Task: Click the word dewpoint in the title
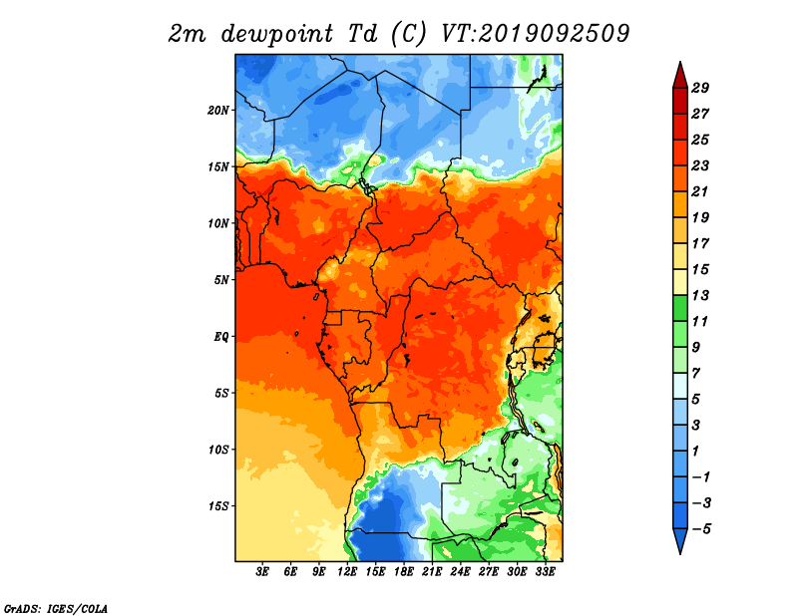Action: click(x=277, y=35)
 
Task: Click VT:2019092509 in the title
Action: click(x=535, y=34)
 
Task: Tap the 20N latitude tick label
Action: click(x=218, y=111)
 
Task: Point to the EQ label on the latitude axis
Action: click(x=221, y=337)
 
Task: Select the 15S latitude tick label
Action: click(x=218, y=506)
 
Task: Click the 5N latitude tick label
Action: click(x=221, y=280)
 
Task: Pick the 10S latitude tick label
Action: click(x=218, y=450)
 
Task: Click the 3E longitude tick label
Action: click(x=262, y=572)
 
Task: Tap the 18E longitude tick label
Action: click(x=404, y=572)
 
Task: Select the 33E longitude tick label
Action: click(x=545, y=572)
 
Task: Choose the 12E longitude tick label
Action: click(x=347, y=572)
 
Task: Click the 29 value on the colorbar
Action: click(x=700, y=88)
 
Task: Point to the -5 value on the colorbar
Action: click(x=701, y=529)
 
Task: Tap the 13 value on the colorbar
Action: click(x=700, y=295)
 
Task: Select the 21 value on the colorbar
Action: click(x=700, y=191)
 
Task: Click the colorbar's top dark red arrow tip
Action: click(x=680, y=62)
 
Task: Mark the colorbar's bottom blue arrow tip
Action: click(x=680, y=553)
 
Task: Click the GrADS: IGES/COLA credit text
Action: click(x=56, y=608)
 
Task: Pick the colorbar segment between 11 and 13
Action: click(x=680, y=308)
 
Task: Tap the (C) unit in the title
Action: click(x=408, y=35)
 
